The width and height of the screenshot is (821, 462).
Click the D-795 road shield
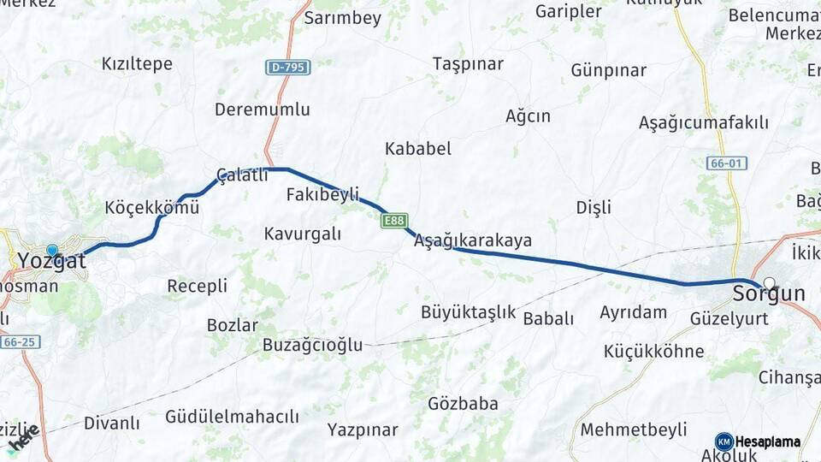[x=287, y=67]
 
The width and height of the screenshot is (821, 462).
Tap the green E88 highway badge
[x=394, y=221]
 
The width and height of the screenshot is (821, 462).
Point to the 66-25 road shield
[x=20, y=341]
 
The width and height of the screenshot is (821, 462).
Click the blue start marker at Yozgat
[x=52, y=251]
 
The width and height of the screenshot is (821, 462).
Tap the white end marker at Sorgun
[x=770, y=283]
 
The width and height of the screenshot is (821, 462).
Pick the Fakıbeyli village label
[x=322, y=194]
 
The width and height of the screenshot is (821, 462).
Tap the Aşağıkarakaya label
[x=472, y=240]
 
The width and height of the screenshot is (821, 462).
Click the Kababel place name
[x=417, y=149]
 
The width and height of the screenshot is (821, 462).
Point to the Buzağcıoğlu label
[x=312, y=346]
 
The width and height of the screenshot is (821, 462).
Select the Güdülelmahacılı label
[x=232, y=417]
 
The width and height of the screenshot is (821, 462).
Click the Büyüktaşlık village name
[x=468, y=312]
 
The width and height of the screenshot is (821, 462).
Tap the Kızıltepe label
[x=137, y=64]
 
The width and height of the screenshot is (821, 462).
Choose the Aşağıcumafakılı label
[x=703, y=122]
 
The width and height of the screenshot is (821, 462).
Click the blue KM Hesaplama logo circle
[x=724, y=441]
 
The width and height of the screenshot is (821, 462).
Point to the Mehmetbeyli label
[x=634, y=429]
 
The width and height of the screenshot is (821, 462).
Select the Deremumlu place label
[x=262, y=110]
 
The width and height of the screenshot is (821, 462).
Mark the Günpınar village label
[x=608, y=70]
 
